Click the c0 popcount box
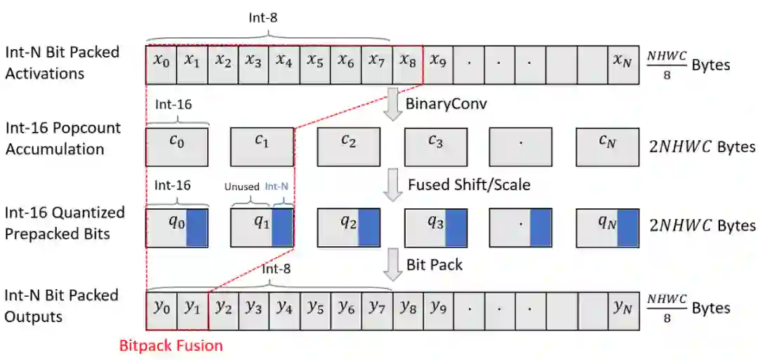pos(177,147)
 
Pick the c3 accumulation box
pos(435,147)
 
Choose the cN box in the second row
pos(608,147)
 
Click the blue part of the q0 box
pos(197,228)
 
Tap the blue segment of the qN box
pos(627,228)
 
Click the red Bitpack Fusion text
pos(171,345)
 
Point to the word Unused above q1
pos(241,187)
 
